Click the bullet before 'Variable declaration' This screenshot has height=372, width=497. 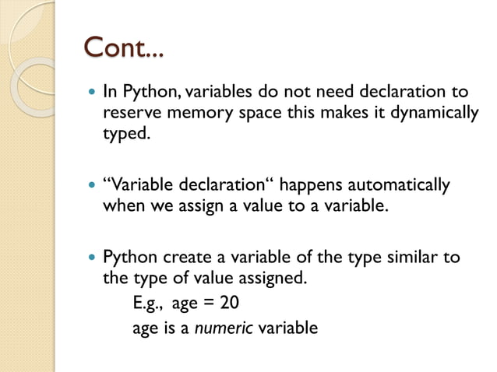click(x=91, y=187)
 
